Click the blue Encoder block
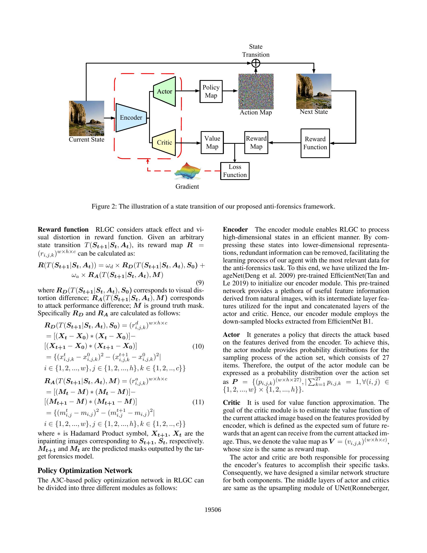pyautogui.click(x=131, y=117)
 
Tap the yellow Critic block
pyautogui.click(x=164, y=143)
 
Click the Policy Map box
pyautogui.click(x=211, y=91)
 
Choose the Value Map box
pyautogui.click(x=212, y=143)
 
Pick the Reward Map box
pyautogui.click(x=256, y=143)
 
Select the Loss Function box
pyautogui.click(x=235, y=171)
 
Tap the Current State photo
pyautogui.click(x=87, y=118)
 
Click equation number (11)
pyautogui.click(x=198, y=402)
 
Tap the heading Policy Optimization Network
pyautogui.click(x=85, y=471)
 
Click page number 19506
pyautogui.click(x=213, y=510)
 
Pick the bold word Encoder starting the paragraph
pyautogui.click(x=235, y=230)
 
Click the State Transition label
pyautogui.click(x=256, y=51)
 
